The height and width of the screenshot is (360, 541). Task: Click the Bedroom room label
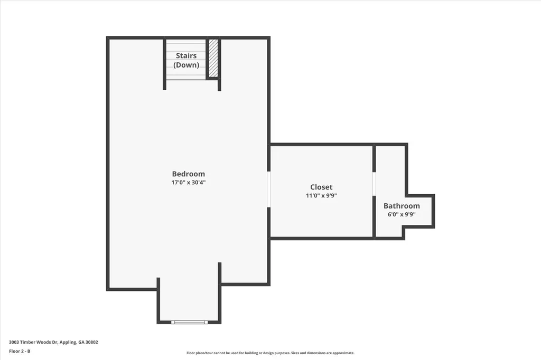pyautogui.click(x=188, y=174)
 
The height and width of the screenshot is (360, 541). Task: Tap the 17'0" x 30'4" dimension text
pyautogui.click(x=188, y=183)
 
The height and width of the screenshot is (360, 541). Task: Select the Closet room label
pyautogui.click(x=321, y=187)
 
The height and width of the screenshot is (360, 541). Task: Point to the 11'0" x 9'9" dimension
pyautogui.click(x=321, y=195)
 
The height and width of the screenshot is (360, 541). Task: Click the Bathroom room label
pyautogui.click(x=402, y=206)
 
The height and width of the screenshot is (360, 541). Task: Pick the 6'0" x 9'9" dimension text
pyautogui.click(x=402, y=214)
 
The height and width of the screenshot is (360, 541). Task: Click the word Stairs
pyautogui.click(x=186, y=55)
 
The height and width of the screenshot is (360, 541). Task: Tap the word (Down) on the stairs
pyautogui.click(x=186, y=65)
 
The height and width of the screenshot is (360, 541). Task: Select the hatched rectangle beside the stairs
pyautogui.click(x=213, y=58)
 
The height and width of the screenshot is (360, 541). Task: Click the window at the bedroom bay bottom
pyautogui.click(x=189, y=321)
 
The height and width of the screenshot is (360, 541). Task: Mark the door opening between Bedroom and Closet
pyautogui.click(x=269, y=189)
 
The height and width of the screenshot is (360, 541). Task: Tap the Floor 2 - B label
pyautogui.click(x=20, y=351)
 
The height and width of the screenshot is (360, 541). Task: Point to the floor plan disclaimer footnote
pyautogui.click(x=270, y=353)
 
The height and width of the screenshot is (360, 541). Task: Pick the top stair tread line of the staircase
pyautogui.click(x=186, y=43)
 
